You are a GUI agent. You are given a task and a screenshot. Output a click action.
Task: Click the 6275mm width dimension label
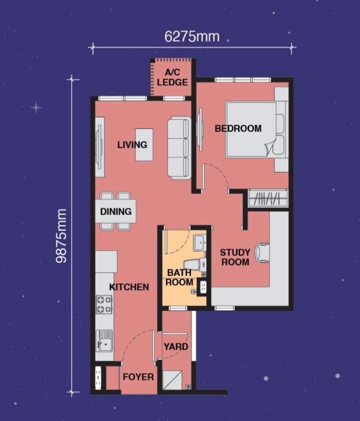coord(192,36)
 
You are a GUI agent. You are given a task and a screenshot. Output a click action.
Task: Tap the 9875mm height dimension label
coord(61,236)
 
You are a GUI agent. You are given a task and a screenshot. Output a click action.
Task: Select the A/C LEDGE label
coord(172,77)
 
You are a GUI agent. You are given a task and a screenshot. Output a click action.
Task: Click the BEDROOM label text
coord(238,128)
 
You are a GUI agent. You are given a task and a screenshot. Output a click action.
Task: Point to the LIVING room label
coord(132,144)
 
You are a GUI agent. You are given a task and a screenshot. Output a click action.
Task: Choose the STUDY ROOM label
coord(235,257)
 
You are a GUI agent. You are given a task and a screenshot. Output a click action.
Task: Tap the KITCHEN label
coord(129,287)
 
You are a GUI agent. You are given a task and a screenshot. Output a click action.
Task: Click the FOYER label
coord(138,377)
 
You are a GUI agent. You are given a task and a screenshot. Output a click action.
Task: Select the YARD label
coord(176,346)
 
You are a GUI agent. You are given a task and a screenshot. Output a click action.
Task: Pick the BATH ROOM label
coord(179,277)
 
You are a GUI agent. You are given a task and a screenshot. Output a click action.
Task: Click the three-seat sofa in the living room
coord(179,148)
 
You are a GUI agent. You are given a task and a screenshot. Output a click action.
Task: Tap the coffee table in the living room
coord(144,144)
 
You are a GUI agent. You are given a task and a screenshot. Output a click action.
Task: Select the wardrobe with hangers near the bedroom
coord(267,198)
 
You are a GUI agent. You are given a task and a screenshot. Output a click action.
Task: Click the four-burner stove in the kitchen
coord(104,304)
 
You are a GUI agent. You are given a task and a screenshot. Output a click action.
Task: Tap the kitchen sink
coord(104,340)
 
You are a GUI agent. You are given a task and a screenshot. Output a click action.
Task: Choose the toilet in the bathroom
coord(194,264)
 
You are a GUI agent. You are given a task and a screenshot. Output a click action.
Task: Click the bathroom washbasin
coord(200,242)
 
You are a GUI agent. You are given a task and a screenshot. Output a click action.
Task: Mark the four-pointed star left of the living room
coord(36,107)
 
